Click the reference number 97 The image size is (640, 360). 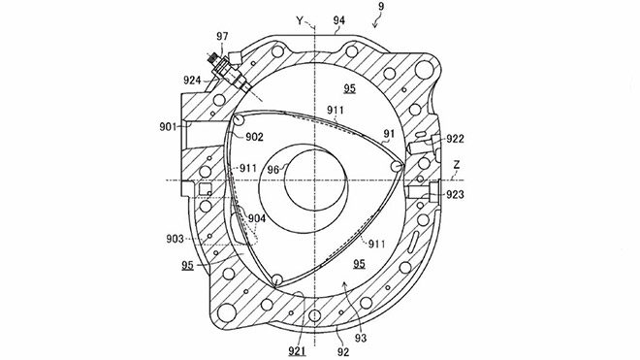pyautogui.click(x=222, y=36)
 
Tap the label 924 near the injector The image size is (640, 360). pyautogui.click(x=192, y=81)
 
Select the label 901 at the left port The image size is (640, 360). pyautogui.click(x=168, y=127)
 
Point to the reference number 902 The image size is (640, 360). pyautogui.click(x=254, y=137)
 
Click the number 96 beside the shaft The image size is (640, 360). pyautogui.click(x=273, y=169)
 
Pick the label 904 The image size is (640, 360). pyautogui.click(x=257, y=218)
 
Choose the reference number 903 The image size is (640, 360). pyautogui.click(x=175, y=239)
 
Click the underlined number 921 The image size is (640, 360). pyautogui.click(x=297, y=351)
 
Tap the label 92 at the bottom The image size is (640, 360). pyautogui.click(x=343, y=351)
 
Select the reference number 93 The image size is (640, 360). pyautogui.click(x=361, y=338)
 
